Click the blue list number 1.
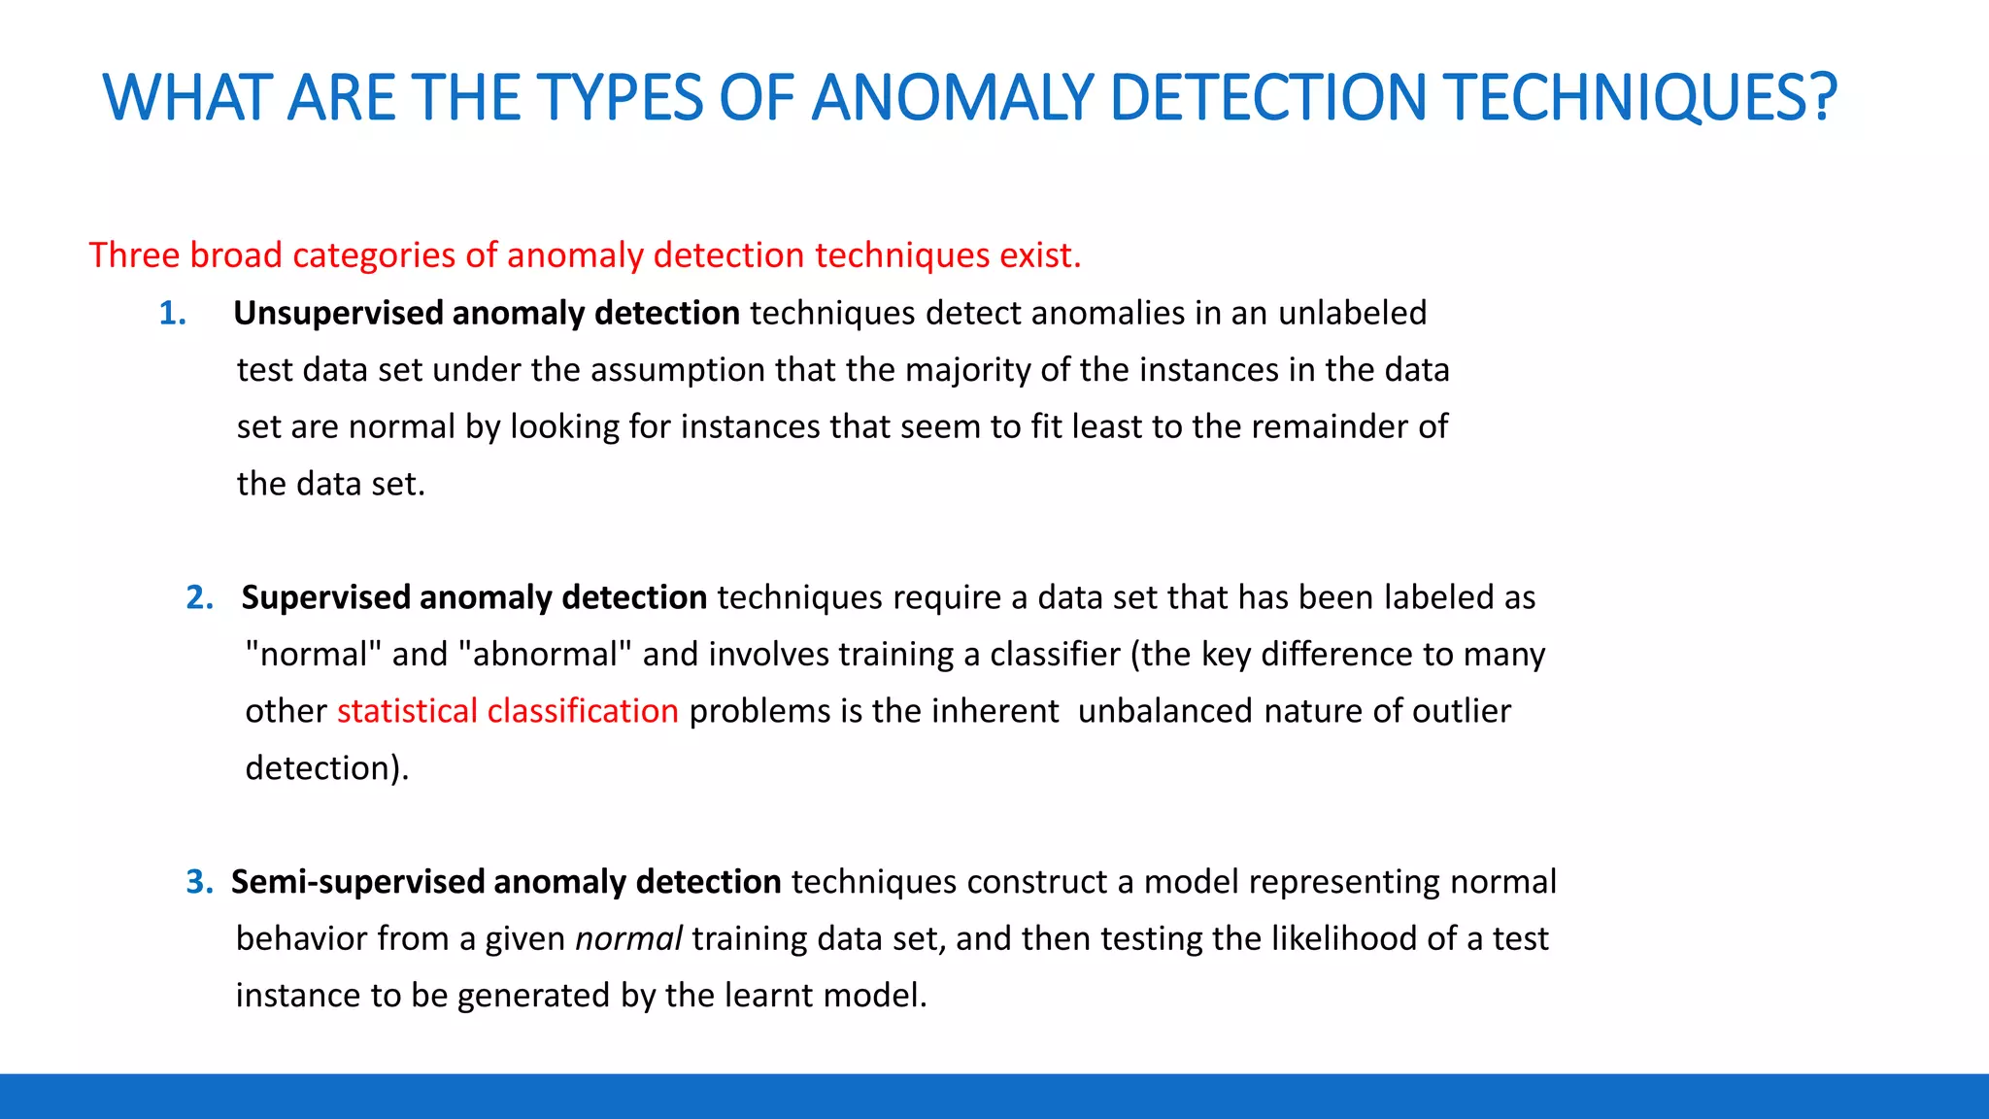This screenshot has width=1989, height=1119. [x=172, y=314]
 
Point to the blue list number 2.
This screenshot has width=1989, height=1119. [x=199, y=597]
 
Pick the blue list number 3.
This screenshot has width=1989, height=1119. [x=199, y=882]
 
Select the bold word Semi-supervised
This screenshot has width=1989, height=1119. [x=356, y=882]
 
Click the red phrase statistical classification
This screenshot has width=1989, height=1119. [x=507, y=711]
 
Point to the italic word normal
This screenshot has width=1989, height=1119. [x=628, y=938]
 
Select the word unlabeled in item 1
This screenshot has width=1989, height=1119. [x=1352, y=314]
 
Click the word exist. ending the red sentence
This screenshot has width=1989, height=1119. [x=1044, y=255]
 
